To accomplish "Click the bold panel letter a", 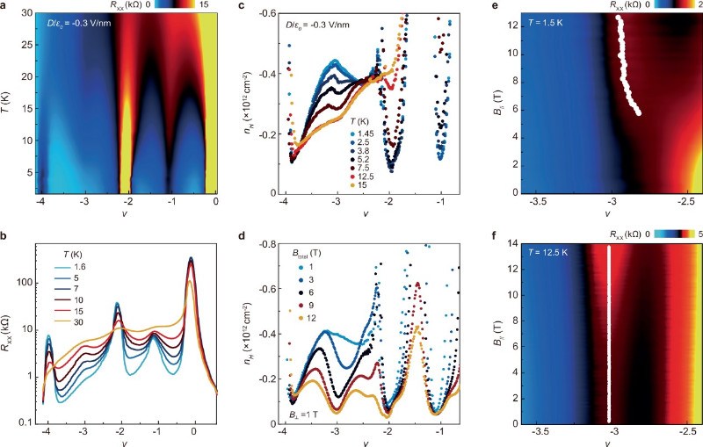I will [x=6, y=7].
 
